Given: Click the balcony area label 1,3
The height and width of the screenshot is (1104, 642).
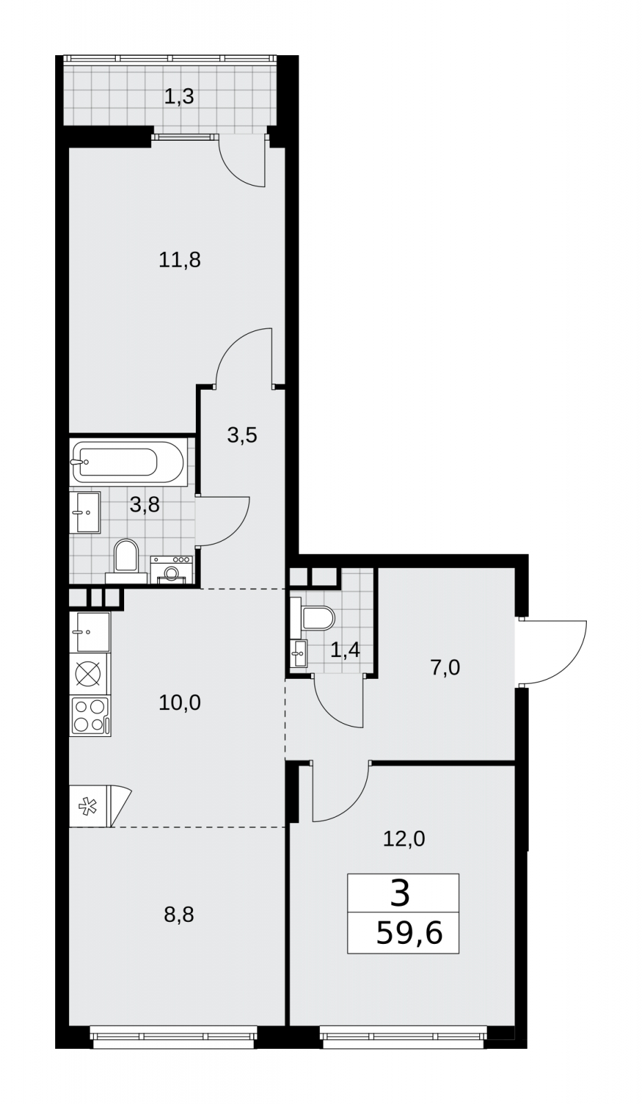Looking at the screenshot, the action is [179, 97].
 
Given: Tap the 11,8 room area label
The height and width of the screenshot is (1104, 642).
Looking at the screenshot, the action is [180, 259].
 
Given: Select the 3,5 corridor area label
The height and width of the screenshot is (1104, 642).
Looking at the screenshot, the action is [243, 435].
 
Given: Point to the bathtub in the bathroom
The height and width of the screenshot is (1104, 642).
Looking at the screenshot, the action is [128, 463].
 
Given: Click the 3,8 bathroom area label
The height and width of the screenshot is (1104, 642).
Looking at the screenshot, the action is [145, 504].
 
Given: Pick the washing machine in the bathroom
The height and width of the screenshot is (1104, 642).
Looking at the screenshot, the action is [172, 570].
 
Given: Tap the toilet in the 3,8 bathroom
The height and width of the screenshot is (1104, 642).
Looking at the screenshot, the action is [127, 562].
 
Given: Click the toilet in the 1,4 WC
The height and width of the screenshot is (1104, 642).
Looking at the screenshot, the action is [312, 618].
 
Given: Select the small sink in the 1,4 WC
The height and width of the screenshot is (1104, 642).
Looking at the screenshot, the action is [299, 653].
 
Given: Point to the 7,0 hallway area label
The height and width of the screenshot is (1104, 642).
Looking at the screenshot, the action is [445, 668].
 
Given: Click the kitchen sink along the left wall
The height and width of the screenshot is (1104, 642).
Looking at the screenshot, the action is [90, 631].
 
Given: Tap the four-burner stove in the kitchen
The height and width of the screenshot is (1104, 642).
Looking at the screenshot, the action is [90, 716].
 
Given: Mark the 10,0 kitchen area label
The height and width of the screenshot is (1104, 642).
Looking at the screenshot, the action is [180, 702].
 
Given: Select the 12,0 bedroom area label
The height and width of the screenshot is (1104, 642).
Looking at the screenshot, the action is [404, 838].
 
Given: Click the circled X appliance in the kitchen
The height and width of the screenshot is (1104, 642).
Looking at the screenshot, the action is [90, 673].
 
